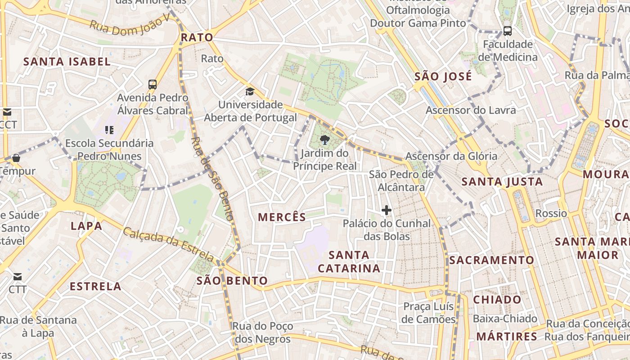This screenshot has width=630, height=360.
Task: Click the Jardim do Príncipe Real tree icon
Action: coord(324,140)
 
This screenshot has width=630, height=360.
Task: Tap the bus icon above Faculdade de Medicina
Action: coord(508,31)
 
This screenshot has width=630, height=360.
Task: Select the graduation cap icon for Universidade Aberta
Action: coord(250,92)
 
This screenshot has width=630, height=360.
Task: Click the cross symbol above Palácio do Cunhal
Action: coord(386,210)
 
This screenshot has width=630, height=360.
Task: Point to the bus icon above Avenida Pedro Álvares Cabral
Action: coord(153,84)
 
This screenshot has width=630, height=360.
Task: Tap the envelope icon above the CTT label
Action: coord(17,276)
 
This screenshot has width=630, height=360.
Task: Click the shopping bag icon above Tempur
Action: coord(16,158)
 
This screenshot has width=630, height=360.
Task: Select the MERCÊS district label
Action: coord(282,217)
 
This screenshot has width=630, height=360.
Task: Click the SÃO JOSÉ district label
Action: coord(443,76)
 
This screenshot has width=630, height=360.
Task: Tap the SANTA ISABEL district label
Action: coord(67,62)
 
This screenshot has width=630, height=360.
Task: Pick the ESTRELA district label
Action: coord(95,286)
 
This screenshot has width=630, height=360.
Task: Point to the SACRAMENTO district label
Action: coord(491,260)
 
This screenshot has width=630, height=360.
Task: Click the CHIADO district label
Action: coord(497,299)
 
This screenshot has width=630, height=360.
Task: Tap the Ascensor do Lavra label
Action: coord(471,110)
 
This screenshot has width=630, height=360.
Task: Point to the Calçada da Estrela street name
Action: coord(168,244)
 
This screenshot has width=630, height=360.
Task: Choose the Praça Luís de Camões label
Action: coord(429,313)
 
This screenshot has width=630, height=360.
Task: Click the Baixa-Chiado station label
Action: coord(505,319)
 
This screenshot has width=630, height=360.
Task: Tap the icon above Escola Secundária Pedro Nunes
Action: coord(109,130)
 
